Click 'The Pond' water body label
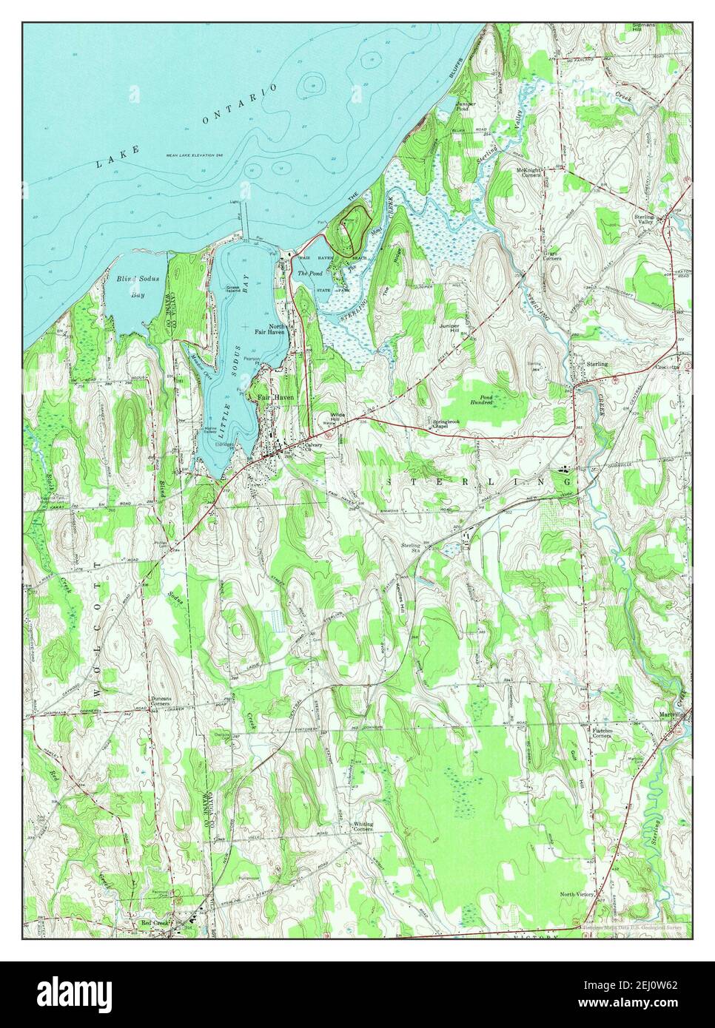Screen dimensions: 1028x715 coord(306,273)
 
